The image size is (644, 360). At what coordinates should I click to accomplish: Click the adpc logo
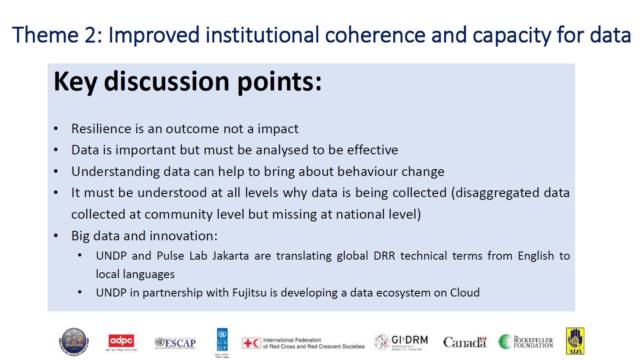(x=122, y=342)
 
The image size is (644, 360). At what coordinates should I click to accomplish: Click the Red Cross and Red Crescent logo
(x=303, y=343)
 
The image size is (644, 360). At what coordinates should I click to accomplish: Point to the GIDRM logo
(x=401, y=342)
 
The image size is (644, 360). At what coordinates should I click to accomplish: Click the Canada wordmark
(x=465, y=342)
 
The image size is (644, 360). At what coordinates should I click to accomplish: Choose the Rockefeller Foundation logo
(x=526, y=342)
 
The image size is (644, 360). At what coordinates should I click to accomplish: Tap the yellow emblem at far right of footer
(x=575, y=341)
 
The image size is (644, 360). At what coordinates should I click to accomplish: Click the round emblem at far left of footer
(x=73, y=342)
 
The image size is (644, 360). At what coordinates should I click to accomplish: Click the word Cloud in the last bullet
(x=465, y=292)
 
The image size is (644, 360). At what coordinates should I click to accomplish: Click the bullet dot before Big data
(x=56, y=236)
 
